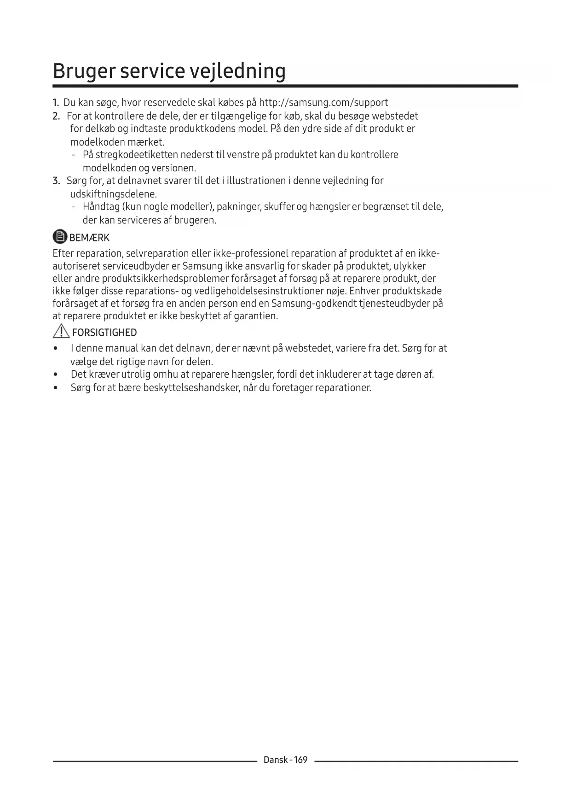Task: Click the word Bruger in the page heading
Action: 84,71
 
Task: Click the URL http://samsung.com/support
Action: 323,102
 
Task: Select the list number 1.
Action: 56,102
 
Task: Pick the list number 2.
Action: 56,116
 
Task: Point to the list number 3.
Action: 56,181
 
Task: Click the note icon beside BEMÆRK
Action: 60,237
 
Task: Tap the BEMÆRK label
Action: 89,238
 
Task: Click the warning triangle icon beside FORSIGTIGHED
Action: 61,331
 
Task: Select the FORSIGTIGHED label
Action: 104,333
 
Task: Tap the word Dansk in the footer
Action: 275,760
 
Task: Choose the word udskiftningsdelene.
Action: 113,194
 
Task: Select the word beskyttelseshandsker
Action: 191,387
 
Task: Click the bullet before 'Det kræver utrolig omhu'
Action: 56,375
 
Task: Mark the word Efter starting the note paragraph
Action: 63,253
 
